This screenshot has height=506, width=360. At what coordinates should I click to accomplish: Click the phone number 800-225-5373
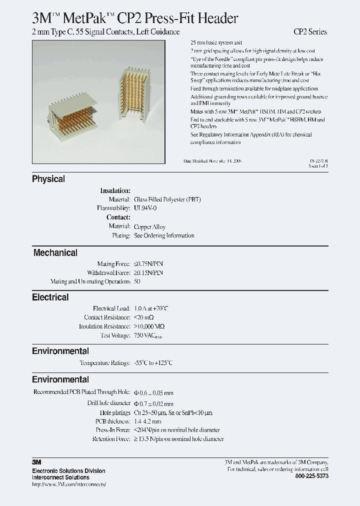pos(312,476)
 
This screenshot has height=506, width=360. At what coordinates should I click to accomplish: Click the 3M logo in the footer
pos(36,462)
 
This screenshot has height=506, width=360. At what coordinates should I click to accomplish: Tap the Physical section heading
pos(48,179)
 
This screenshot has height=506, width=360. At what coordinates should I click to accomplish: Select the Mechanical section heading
pos(55,253)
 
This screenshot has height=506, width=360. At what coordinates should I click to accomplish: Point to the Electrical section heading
pos(50,297)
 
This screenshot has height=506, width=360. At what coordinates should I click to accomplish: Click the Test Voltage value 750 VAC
pos(148,335)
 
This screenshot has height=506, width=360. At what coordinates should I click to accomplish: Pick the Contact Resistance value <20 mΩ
pos(144,317)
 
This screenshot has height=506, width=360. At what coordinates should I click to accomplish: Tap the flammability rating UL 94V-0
pos(145,208)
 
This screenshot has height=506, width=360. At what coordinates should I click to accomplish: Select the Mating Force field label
pos(114,263)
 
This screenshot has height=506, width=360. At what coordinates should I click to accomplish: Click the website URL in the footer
pos(69,484)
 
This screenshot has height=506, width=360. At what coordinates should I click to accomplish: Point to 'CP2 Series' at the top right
pos(310,32)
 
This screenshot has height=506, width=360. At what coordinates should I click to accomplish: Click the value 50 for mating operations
pos(137,281)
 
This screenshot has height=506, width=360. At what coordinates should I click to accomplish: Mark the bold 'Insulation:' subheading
pos(115,190)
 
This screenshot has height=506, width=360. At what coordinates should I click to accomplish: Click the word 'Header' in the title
pos(216,18)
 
